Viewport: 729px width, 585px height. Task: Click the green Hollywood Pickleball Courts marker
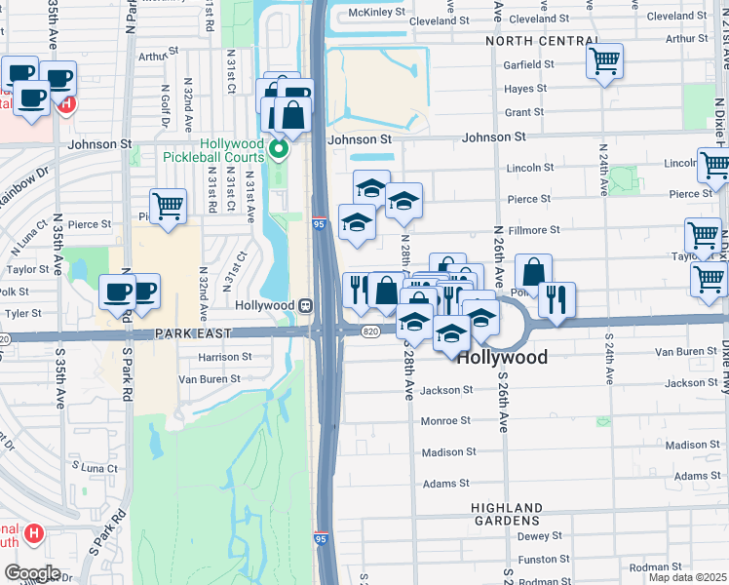point(279,150)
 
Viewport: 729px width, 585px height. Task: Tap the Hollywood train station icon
point(304,305)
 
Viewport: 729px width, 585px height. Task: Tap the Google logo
point(32,572)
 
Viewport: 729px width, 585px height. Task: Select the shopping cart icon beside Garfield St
point(604,62)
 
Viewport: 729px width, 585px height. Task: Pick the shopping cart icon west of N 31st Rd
point(169,207)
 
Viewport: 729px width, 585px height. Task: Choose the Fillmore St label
point(534,230)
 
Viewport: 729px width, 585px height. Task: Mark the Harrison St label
point(226,357)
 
